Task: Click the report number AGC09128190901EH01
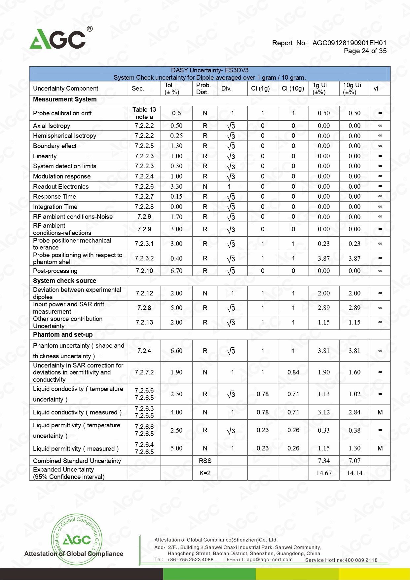pos(349,43)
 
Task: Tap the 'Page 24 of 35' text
pos(365,51)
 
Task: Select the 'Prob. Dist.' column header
pos(203,89)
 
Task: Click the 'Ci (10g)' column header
pos(293,89)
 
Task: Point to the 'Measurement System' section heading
pos(65,99)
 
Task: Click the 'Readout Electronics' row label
pos(61,186)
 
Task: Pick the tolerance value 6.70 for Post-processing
pos(176,271)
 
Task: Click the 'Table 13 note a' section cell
pos(144,113)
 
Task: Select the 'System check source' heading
pos(64,281)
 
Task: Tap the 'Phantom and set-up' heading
pos(63,334)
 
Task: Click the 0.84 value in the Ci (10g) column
pos(293,372)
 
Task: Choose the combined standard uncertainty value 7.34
pos(324,461)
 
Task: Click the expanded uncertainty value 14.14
pos(354,473)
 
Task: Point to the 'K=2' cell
pos(205,473)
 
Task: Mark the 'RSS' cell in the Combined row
pos(205,461)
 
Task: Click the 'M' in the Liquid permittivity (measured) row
pos(380,448)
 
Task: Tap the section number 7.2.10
pos(144,271)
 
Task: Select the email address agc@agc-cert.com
pos(269,560)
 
